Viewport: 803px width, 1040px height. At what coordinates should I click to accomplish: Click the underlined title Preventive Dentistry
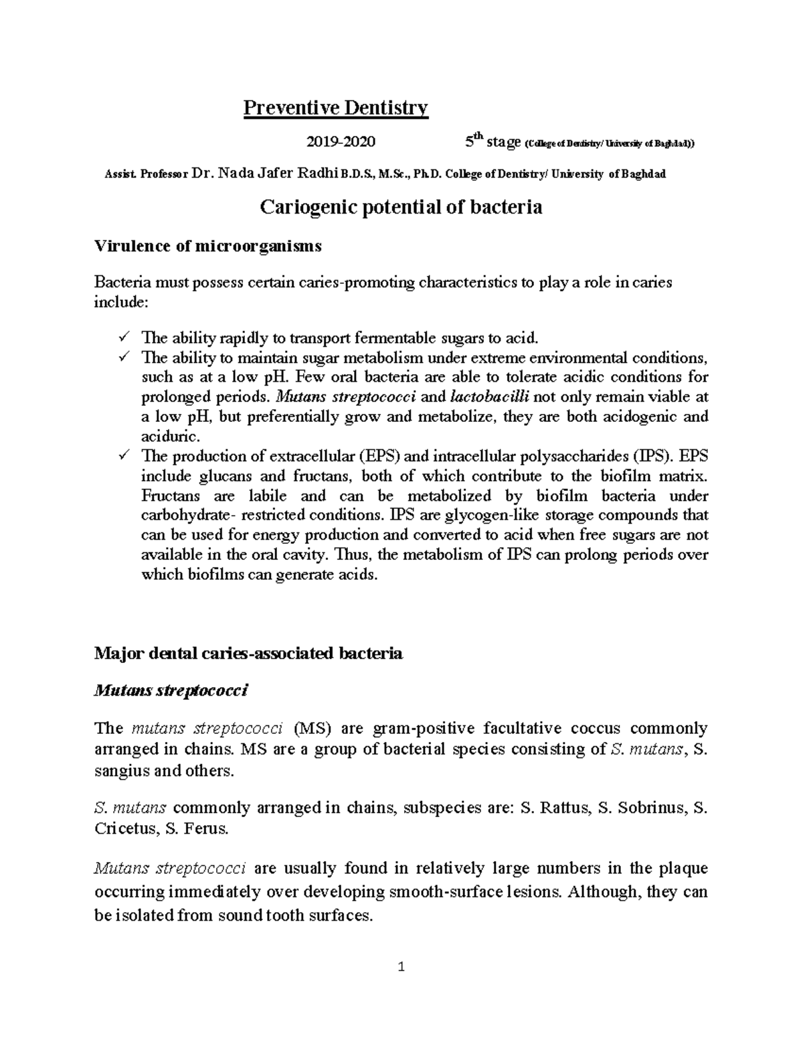coord(335,108)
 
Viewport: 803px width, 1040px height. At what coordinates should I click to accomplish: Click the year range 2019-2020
coord(341,142)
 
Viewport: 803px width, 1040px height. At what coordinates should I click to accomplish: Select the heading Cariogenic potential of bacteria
coord(400,208)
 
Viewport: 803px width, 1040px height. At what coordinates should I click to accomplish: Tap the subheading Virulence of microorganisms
coord(208,246)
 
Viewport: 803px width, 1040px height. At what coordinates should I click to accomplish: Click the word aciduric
coord(170,437)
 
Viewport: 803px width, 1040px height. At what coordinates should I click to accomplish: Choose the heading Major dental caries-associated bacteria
coord(248,654)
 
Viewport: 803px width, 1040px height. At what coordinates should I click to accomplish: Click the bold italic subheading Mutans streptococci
coord(171,692)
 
